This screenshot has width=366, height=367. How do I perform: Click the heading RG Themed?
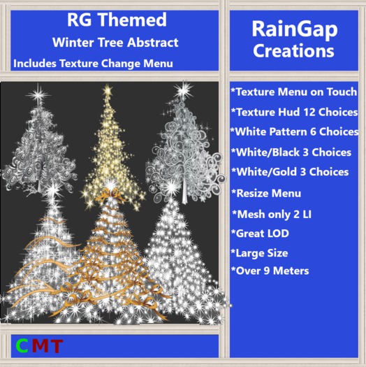click(x=117, y=20)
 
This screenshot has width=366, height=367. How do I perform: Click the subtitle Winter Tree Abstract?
click(x=117, y=43)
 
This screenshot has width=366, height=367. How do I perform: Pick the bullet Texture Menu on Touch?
click(x=293, y=92)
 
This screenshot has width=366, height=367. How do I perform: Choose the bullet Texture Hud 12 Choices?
click(x=293, y=112)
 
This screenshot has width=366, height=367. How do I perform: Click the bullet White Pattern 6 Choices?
click(x=293, y=131)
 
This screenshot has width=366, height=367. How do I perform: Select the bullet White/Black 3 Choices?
click(x=291, y=152)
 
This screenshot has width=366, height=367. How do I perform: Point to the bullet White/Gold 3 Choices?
click(x=289, y=172)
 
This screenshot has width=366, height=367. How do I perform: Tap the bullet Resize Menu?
click(x=266, y=193)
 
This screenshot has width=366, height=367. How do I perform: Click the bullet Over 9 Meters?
click(x=269, y=271)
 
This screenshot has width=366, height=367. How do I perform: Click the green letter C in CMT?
click(x=22, y=345)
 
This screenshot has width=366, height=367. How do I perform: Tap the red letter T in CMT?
click(x=56, y=345)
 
